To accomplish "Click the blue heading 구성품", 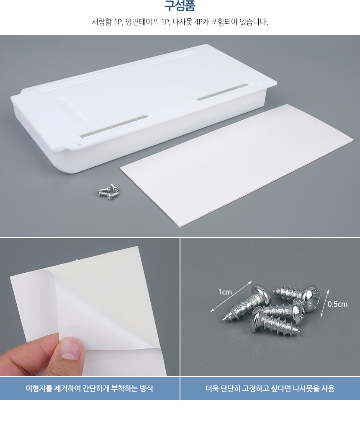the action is point(180,6).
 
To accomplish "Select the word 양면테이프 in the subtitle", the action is point(142,22).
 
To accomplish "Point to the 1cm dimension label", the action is point(225,292).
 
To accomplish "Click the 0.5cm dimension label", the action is point(337,304).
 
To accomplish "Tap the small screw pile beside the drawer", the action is point(108,191).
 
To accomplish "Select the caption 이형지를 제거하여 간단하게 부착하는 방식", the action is point(89,388).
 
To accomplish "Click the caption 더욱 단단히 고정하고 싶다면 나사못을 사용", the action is point(270,388).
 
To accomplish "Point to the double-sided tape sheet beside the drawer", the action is point(237,165).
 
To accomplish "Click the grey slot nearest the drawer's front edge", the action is point(114,127).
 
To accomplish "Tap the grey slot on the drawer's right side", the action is point(222,92).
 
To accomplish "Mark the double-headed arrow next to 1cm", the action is point(231,297).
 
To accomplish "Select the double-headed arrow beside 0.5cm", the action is point(324,303).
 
